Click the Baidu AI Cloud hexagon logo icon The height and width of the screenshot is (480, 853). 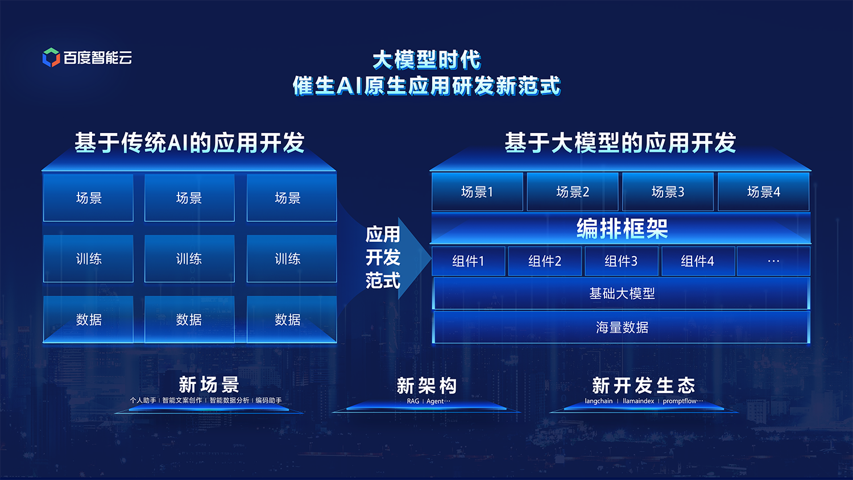[51, 57]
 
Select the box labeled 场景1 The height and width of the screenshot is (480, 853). [477, 192]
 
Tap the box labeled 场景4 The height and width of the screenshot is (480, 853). [764, 192]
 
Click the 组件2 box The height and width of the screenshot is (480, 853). [545, 261]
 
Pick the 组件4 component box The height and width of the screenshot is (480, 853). [698, 261]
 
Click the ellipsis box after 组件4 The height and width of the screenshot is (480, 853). [773, 261]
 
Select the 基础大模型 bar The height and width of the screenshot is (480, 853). [622, 293]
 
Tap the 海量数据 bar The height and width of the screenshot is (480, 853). [622, 327]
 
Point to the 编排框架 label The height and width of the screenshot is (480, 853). [622, 229]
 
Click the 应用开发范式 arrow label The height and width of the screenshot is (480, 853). [383, 258]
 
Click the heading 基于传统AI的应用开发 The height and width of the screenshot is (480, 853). [189, 143]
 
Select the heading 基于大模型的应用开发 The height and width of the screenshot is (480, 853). [620, 143]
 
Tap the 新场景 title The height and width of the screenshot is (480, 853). [209, 384]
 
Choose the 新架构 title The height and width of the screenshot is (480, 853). [426, 386]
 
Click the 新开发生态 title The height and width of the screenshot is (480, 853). [643, 385]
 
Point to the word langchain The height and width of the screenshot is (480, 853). [599, 401]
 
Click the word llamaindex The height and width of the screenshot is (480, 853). [638, 401]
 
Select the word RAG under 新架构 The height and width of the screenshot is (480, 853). [413, 401]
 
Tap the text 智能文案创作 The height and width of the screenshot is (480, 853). [182, 400]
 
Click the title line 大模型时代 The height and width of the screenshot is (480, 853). [426, 60]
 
